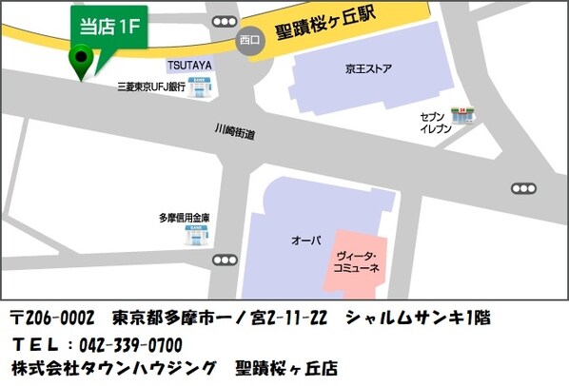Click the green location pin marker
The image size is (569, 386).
(x=82, y=64)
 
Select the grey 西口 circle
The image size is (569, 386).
(x=249, y=41)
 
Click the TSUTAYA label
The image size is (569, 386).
(x=189, y=65)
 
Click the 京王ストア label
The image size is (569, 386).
(x=368, y=68)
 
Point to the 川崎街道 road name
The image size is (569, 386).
(x=234, y=132)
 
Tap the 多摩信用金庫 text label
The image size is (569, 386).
(x=184, y=218)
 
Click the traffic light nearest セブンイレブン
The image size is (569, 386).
(x=522, y=188)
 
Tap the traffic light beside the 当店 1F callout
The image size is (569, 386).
(x=225, y=21)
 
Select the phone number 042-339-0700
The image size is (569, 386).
(x=129, y=342)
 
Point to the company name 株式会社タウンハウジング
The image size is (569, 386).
(x=114, y=367)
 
